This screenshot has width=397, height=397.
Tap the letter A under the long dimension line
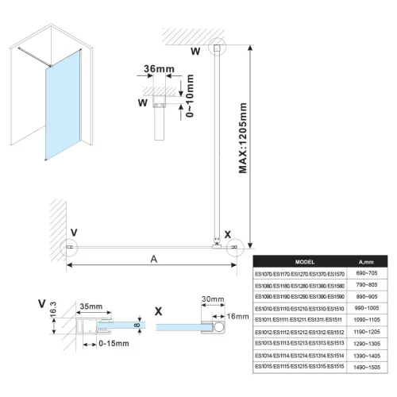(x=152, y=260)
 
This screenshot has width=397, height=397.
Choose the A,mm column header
(x=367, y=261)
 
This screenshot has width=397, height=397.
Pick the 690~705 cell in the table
(x=367, y=273)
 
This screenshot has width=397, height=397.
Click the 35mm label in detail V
(x=90, y=304)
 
